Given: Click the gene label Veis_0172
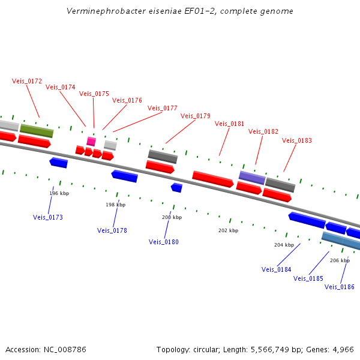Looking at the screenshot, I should (27, 81).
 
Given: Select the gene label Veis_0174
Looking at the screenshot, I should (61, 87).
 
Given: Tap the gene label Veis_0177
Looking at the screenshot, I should (163, 108).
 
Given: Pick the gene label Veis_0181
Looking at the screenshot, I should (230, 124).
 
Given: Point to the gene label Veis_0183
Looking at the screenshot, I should (297, 140).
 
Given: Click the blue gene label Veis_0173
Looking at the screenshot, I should (48, 217).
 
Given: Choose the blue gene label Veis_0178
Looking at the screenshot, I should (112, 230).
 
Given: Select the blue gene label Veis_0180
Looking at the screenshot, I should (164, 242).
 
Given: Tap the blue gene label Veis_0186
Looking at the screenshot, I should (340, 287).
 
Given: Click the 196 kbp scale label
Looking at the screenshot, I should (59, 193).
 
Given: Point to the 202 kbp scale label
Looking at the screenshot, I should (228, 230).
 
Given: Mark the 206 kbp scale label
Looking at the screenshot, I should (340, 260).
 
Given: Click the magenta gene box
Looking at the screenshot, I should (91, 142).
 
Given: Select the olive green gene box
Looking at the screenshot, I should (37, 130).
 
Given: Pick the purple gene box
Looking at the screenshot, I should (252, 178).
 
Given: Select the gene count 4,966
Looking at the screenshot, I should (342, 349).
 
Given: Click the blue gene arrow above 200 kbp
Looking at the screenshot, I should (176, 188).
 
